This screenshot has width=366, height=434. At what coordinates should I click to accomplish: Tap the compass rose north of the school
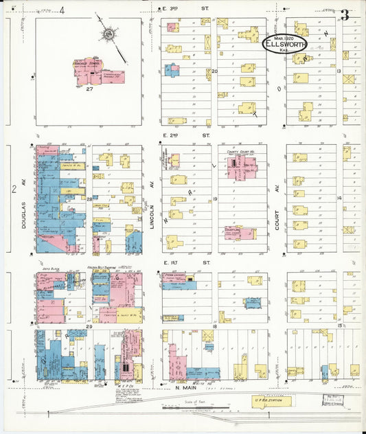[x=109, y=34]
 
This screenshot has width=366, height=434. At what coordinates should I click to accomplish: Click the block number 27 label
[x=89, y=89]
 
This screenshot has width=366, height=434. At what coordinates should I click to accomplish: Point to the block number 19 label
[x=215, y=198]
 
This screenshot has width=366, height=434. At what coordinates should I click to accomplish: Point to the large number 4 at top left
[x=62, y=10]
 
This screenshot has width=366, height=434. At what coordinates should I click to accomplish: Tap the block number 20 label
[x=214, y=71]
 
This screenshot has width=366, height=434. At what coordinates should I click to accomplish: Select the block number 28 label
[x=89, y=198]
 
